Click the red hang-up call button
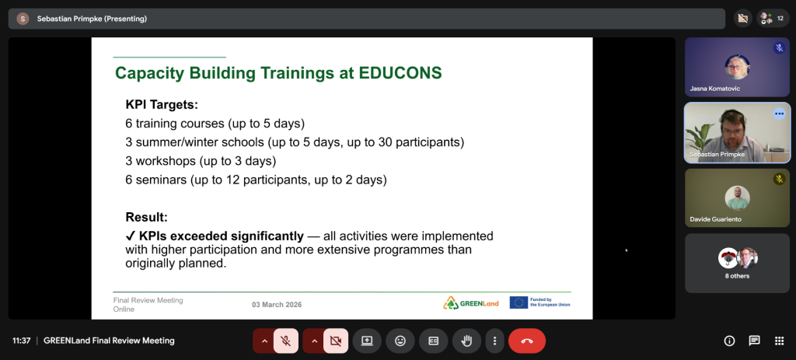tap(527, 341)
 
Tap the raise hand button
tap(466, 341)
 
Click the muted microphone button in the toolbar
tap(286, 341)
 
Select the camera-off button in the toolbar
tap(335, 341)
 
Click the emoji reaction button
tap(400, 341)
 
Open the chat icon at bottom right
tap(754, 341)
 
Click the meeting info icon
tap(729, 341)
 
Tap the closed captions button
tap(434, 341)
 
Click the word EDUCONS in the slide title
tap(400, 73)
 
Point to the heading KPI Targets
tap(162, 105)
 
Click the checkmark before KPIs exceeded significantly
tap(131, 236)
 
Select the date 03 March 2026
tap(278, 305)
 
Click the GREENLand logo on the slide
tap(470, 303)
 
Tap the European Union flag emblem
tap(518, 302)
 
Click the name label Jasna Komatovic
tap(715, 89)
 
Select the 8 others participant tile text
tap(737, 276)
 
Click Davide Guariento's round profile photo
tap(737, 198)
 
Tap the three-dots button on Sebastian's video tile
tap(779, 114)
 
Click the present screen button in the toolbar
tap(367, 341)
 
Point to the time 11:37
tap(21, 341)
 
